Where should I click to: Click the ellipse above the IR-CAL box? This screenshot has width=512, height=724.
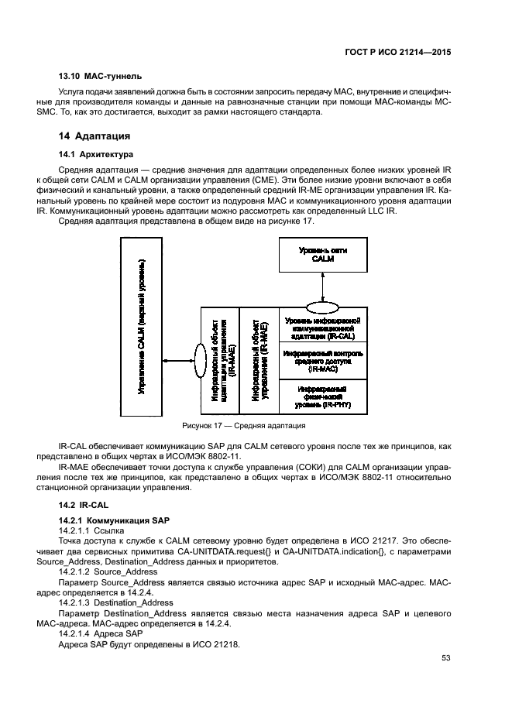point(322,304)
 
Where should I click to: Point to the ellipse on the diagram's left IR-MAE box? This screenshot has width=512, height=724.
point(200,359)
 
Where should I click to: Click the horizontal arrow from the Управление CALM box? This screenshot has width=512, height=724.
point(178,359)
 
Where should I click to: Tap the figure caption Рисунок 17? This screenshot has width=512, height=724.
point(243,426)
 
